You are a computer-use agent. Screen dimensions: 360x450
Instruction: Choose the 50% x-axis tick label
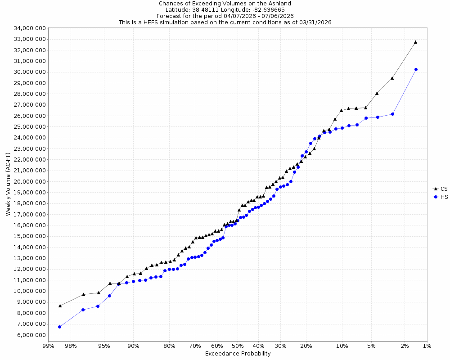tap(238, 346)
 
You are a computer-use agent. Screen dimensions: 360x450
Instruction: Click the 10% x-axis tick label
tap(342, 346)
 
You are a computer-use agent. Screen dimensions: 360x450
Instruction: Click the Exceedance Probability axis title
tap(238, 354)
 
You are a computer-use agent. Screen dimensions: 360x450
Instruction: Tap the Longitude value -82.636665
tap(268, 9)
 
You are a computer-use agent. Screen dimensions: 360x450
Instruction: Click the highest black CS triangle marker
tap(415, 42)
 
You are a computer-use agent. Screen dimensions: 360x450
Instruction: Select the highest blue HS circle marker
tap(416, 69)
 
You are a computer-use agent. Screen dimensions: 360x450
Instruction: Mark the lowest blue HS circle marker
tap(59, 327)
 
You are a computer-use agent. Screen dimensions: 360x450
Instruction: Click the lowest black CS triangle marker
tap(60, 306)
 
